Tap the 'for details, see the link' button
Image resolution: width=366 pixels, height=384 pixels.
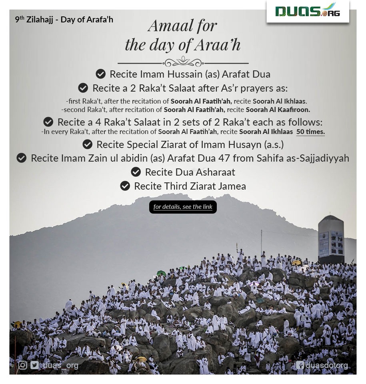183,207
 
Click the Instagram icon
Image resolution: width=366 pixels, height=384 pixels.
23,365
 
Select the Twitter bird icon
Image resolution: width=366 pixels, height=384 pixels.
34,365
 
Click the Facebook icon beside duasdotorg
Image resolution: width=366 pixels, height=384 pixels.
300,365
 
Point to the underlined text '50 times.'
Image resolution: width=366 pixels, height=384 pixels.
310,132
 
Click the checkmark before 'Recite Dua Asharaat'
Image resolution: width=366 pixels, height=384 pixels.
136,172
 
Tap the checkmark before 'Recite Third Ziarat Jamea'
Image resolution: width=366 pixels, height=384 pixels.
125,186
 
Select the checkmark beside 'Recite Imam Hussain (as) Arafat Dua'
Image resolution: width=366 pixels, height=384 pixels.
100,74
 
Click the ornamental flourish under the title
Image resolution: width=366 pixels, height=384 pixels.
183,63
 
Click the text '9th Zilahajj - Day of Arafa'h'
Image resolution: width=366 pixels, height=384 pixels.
64,19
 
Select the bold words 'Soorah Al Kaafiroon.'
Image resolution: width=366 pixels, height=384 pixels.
278,109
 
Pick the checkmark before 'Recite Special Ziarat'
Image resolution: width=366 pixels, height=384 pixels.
87,144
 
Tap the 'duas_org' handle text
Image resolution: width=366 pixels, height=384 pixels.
60,365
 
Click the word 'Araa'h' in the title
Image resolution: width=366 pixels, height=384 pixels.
218,45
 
